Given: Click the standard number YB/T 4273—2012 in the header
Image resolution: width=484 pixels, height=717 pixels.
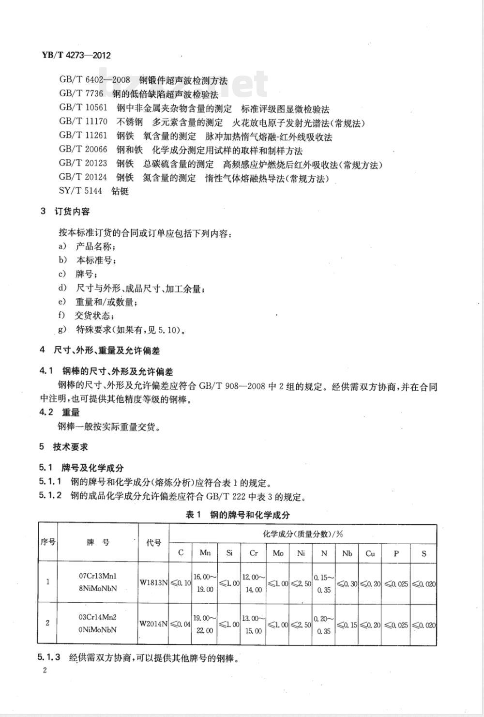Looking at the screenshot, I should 74,55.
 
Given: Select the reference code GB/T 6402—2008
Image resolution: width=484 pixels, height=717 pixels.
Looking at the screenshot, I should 94,80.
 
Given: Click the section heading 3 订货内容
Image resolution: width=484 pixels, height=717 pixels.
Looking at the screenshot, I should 65,212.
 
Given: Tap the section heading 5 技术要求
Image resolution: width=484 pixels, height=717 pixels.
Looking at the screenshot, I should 64,447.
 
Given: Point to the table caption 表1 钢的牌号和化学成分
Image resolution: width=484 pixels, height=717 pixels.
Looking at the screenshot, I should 238,515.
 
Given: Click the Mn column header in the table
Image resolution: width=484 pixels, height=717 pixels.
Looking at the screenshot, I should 205,553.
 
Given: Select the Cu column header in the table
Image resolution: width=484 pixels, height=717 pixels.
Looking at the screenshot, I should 370,553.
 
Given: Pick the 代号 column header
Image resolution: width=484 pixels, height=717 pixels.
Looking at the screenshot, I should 153,543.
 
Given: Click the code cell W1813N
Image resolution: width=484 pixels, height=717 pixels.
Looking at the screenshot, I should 153,583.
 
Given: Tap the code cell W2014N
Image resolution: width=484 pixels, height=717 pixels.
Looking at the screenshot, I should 153,624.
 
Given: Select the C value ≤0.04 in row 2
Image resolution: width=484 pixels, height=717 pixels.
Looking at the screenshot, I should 181,624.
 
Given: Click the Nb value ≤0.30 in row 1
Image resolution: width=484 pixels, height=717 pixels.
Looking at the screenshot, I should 347,583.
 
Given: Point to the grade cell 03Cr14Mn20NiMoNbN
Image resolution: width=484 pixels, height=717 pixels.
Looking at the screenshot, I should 97,624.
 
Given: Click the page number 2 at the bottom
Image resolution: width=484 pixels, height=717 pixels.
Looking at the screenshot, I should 45,671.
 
